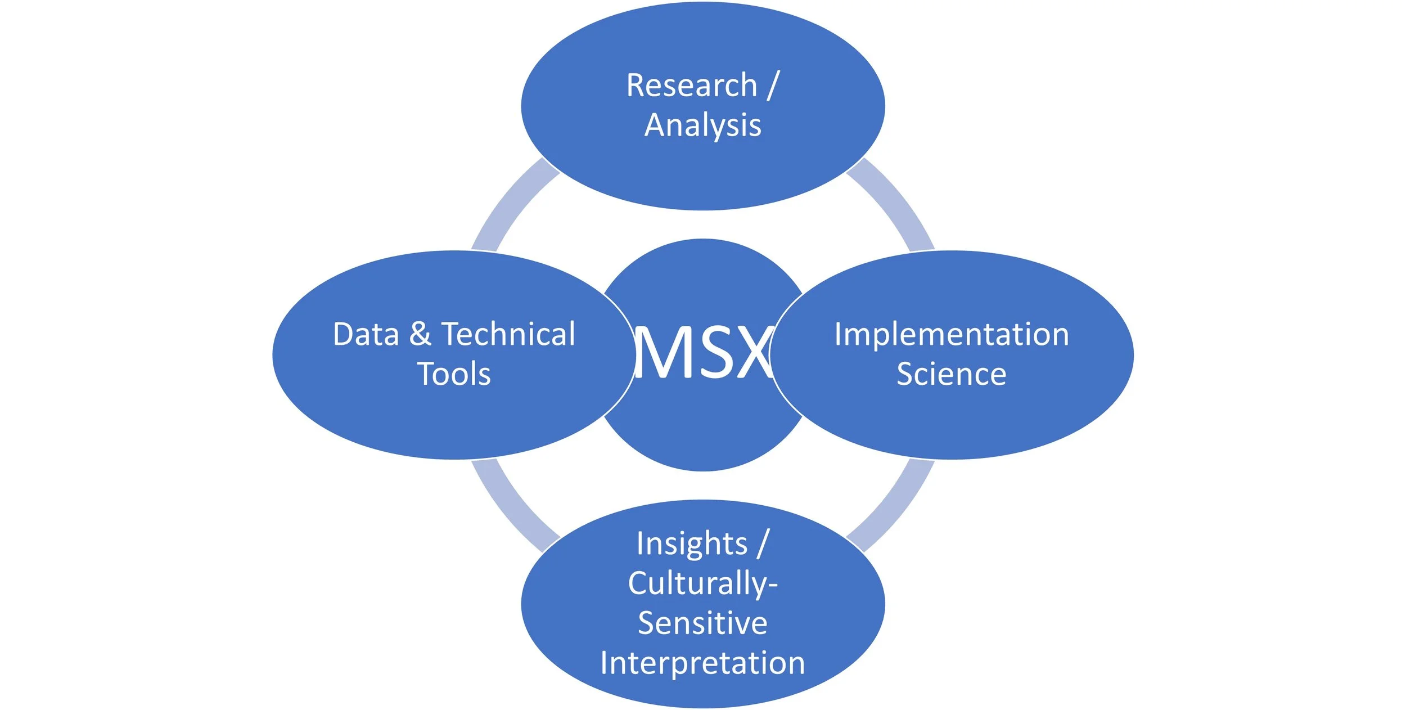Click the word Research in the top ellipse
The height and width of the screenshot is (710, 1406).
click(692, 86)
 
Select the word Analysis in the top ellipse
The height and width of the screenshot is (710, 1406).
click(703, 125)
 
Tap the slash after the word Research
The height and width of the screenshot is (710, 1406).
click(773, 86)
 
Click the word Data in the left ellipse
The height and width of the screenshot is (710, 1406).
click(366, 335)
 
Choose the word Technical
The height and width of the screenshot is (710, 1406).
click(508, 335)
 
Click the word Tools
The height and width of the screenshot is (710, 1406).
click(454, 375)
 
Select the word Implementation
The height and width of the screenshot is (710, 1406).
click(952, 335)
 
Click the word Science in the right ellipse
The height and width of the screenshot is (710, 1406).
click(952, 375)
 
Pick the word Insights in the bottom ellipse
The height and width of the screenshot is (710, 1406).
click(692, 544)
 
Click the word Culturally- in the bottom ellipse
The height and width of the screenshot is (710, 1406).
click(703, 584)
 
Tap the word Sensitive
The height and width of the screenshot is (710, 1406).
click(703, 623)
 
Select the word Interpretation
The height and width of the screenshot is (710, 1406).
click(703, 663)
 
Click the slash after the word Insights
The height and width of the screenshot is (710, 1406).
click(763, 544)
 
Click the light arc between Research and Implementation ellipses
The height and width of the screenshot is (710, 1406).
click(894, 203)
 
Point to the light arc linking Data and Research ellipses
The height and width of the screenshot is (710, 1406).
click(512, 203)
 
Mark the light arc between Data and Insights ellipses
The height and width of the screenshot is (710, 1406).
click(512, 506)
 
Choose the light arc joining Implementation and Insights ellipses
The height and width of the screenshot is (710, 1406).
click(894, 506)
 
